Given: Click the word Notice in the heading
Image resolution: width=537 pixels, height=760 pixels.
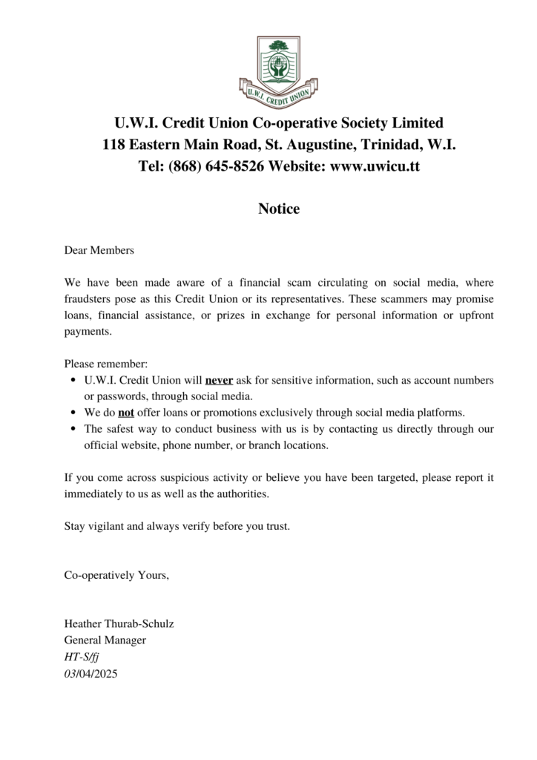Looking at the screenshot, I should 279,209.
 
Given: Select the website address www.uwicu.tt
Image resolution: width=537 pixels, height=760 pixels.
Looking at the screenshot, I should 375,166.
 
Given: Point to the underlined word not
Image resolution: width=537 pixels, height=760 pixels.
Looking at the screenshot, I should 126,412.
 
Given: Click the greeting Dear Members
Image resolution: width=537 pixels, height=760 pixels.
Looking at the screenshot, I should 99,251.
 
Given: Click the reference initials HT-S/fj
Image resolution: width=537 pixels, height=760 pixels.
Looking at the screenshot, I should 84,657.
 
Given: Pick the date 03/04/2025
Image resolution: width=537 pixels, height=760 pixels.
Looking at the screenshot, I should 91,674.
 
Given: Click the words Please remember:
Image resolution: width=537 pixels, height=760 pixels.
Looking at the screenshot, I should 106,364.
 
